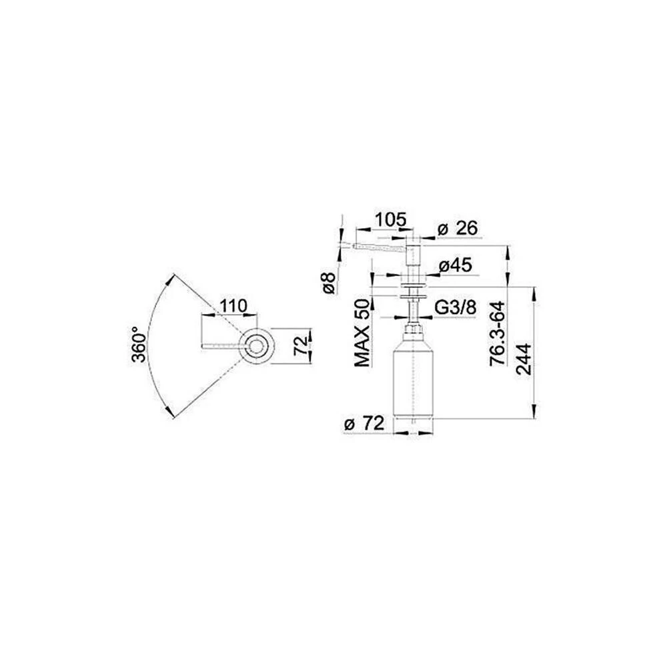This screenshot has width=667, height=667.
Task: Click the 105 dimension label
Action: [x=390, y=219]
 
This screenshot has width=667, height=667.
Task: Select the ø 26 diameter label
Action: [x=458, y=228]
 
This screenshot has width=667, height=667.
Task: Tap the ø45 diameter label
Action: [x=455, y=265]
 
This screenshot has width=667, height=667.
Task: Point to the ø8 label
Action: [x=329, y=282]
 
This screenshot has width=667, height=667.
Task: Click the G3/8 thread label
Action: [x=455, y=307]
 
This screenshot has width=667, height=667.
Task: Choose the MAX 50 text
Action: [x=363, y=333]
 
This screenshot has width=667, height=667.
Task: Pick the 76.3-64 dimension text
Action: [x=497, y=333]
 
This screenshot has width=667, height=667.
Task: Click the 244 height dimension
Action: [x=524, y=359]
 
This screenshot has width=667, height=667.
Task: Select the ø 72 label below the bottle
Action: [x=364, y=424]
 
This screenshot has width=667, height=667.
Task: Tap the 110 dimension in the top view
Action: [x=233, y=305]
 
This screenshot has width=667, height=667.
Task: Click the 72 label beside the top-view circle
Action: [x=301, y=346]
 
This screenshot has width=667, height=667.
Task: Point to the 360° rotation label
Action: [x=139, y=345]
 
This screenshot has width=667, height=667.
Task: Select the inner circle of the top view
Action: [x=255, y=346]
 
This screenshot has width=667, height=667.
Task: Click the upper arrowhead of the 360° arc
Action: [x=171, y=280]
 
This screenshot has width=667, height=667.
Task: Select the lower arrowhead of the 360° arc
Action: [x=169, y=411]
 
